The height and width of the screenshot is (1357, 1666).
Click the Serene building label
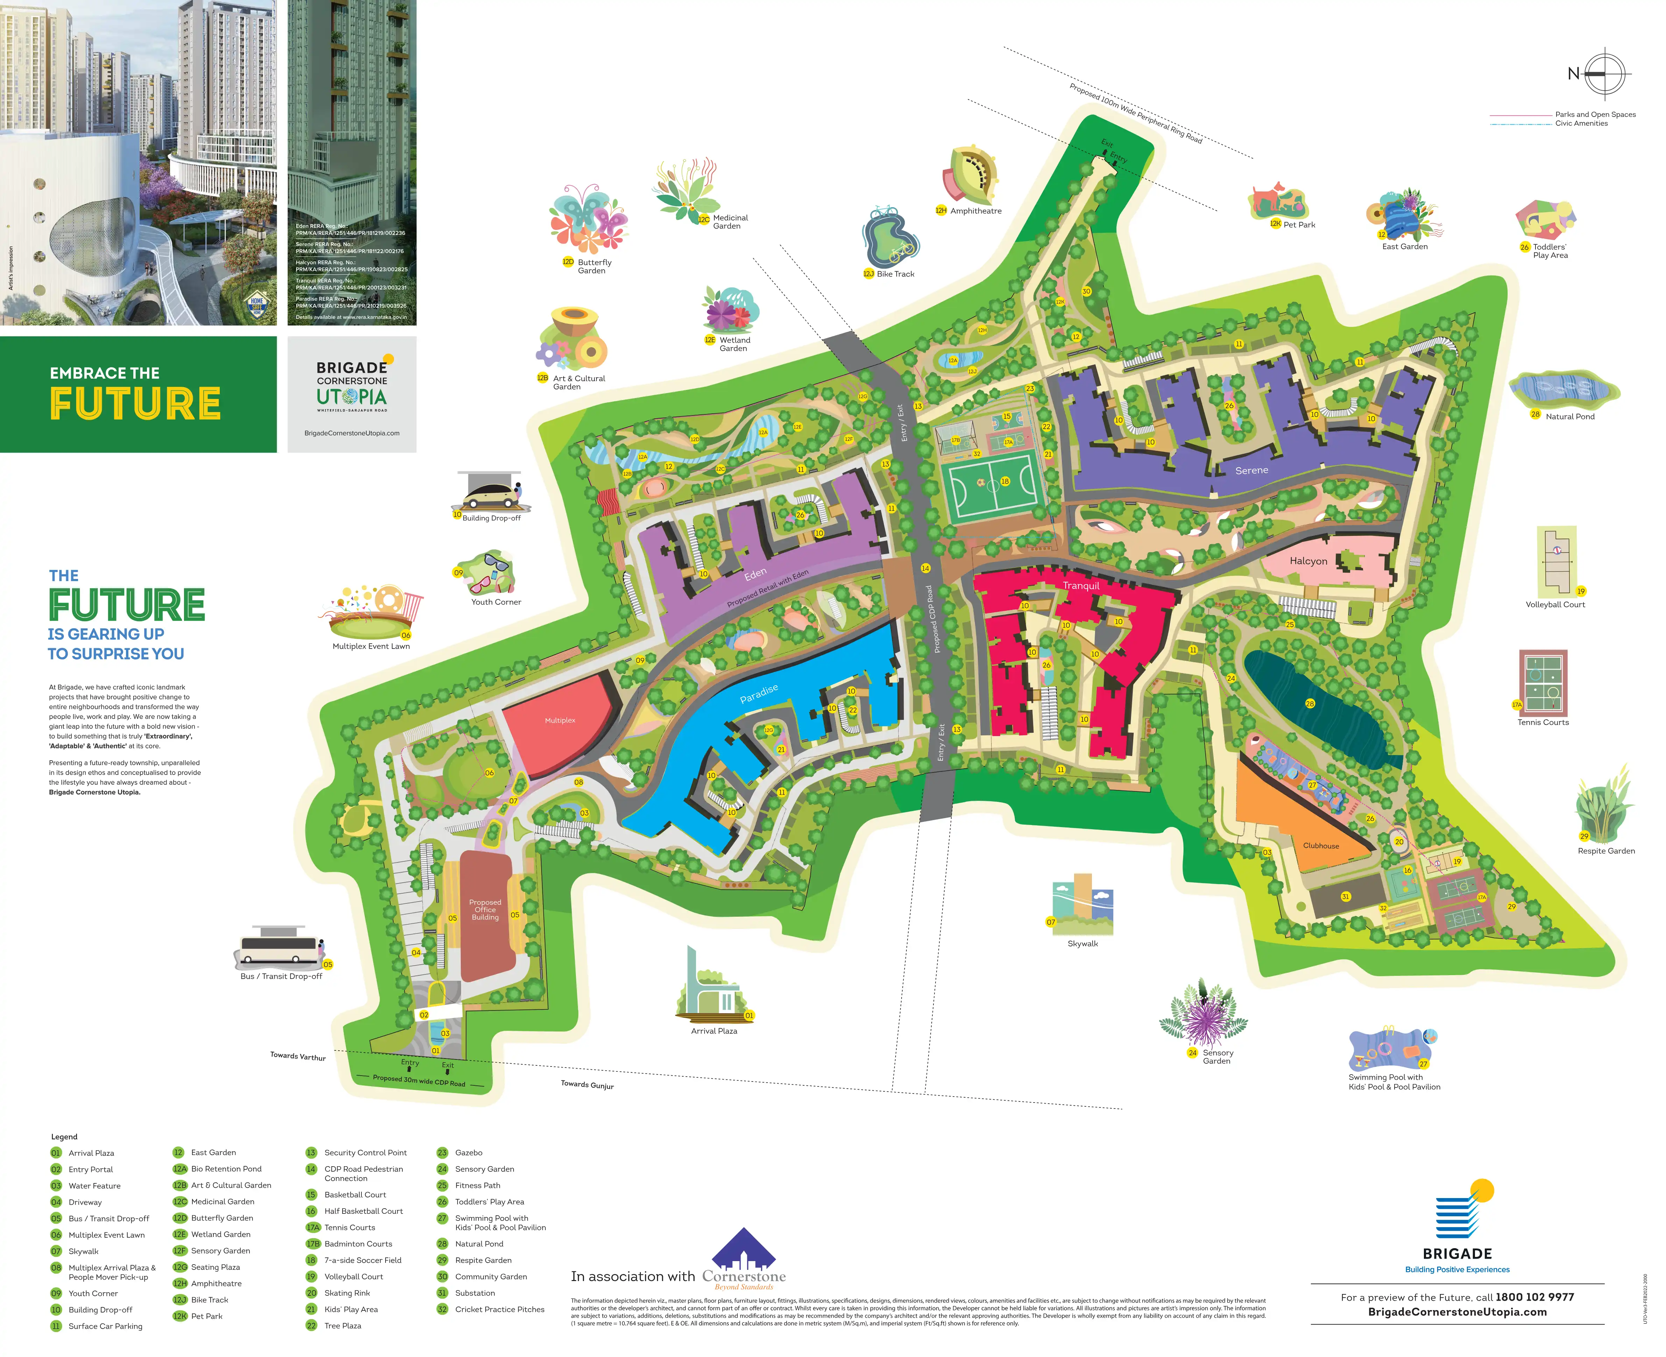point(1251,470)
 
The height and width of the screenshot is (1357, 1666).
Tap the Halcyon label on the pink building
point(1308,561)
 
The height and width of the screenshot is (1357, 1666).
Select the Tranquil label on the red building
point(1081,586)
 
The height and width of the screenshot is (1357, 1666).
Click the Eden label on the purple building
point(755,574)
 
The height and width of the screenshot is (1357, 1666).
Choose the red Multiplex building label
point(559,720)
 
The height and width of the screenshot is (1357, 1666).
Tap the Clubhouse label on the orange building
point(1321,846)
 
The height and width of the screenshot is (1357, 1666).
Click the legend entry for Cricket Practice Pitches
point(499,1309)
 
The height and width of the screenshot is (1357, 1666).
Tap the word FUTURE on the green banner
point(135,403)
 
